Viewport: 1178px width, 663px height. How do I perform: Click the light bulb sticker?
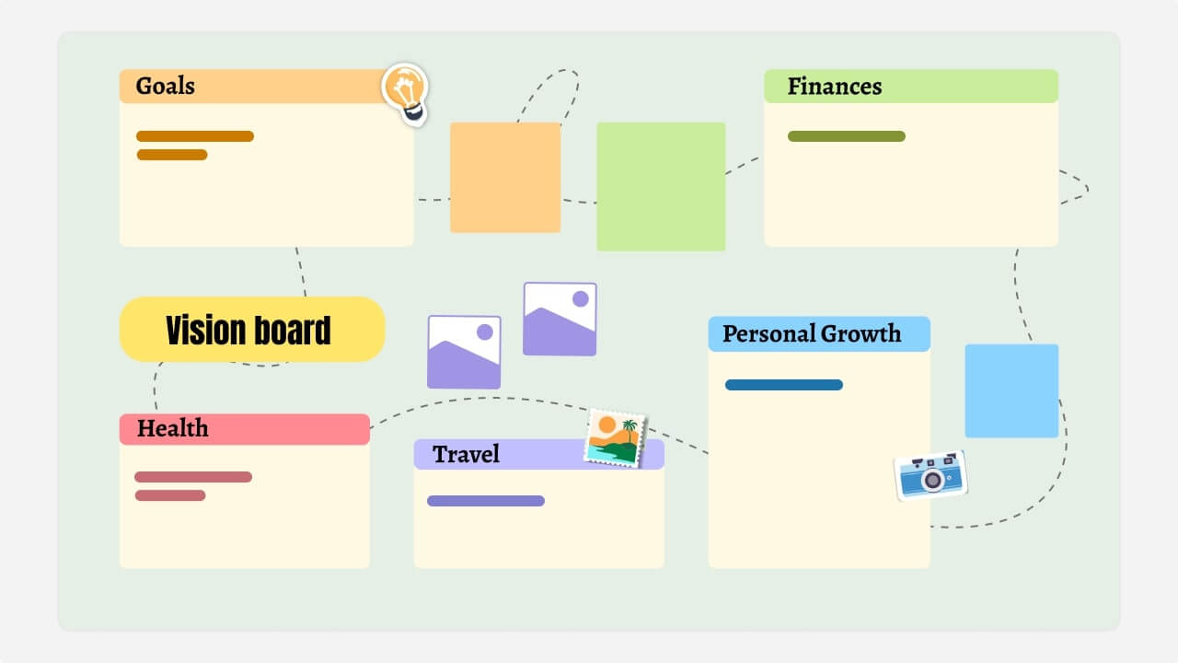(x=405, y=92)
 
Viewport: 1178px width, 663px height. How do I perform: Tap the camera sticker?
(x=930, y=475)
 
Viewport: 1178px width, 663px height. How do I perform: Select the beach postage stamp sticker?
(x=616, y=438)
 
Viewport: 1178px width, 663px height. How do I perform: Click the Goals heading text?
(x=166, y=87)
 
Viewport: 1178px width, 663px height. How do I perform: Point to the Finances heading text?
(x=835, y=87)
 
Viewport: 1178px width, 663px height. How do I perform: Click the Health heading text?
(x=173, y=428)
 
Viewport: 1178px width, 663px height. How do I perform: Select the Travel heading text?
(x=467, y=454)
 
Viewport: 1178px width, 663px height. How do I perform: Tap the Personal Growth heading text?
(x=812, y=333)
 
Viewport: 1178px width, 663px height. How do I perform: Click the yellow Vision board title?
(x=251, y=330)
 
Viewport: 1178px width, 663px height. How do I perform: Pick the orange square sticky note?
(x=505, y=178)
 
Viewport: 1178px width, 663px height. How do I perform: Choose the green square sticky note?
(x=661, y=187)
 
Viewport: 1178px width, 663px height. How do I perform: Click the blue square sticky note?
(x=1011, y=390)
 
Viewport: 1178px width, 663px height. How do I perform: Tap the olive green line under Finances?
(x=847, y=136)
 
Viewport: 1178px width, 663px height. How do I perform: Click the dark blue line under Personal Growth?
(x=784, y=385)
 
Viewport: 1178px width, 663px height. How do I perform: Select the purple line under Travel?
(x=486, y=501)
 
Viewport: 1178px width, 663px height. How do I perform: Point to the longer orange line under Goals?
(x=195, y=136)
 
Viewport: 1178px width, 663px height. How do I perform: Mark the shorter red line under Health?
(x=170, y=495)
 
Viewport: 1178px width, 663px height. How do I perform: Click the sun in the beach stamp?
(x=606, y=425)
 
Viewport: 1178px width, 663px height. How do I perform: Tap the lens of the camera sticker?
(x=933, y=480)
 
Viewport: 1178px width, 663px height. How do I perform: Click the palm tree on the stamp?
(x=629, y=430)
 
